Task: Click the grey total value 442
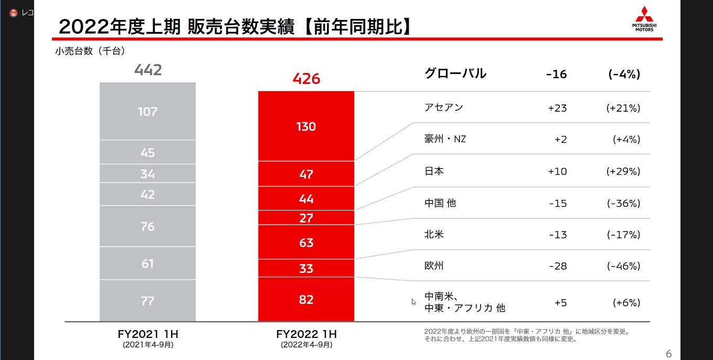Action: pyautogui.click(x=148, y=70)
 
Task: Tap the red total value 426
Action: pyautogui.click(x=306, y=79)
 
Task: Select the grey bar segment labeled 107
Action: pyautogui.click(x=147, y=111)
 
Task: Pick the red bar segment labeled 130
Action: pyautogui.click(x=306, y=126)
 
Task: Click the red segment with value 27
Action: pyautogui.click(x=306, y=218)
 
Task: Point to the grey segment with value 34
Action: pyautogui.click(x=147, y=174)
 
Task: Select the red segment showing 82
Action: pyautogui.click(x=306, y=300)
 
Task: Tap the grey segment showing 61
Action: pyautogui.click(x=147, y=263)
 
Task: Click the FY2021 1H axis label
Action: pyautogui.click(x=148, y=334)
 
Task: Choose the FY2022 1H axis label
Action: pyautogui.click(x=306, y=334)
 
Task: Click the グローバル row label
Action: pyautogui.click(x=455, y=74)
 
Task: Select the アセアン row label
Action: pyautogui.click(x=444, y=108)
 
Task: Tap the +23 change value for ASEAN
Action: pyautogui.click(x=557, y=108)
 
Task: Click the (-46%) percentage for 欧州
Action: pyautogui.click(x=623, y=266)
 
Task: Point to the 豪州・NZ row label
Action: pyautogui.click(x=445, y=140)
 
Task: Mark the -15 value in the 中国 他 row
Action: pyautogui.click(x=557, y=203)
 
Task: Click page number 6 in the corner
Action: pyautogui.click(x=668, y=354)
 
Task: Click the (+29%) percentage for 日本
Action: pyautogui.click(x=623, y=172)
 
